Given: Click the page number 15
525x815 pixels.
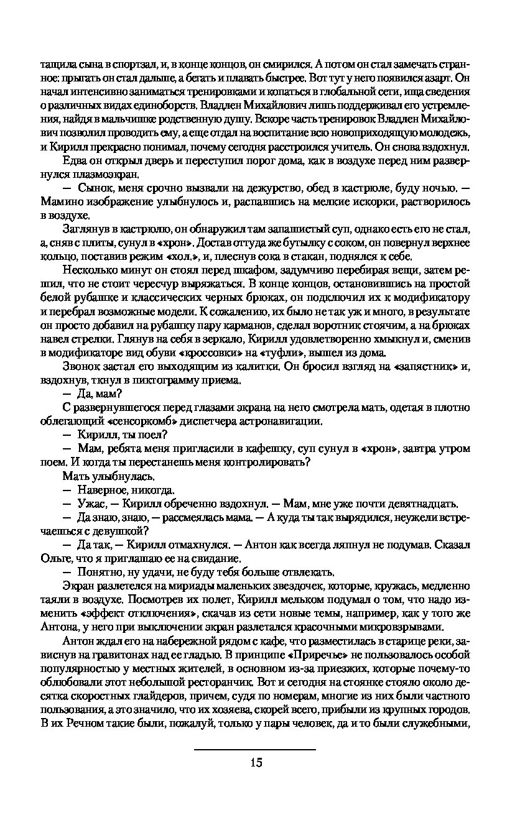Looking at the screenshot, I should click(256, 763).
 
